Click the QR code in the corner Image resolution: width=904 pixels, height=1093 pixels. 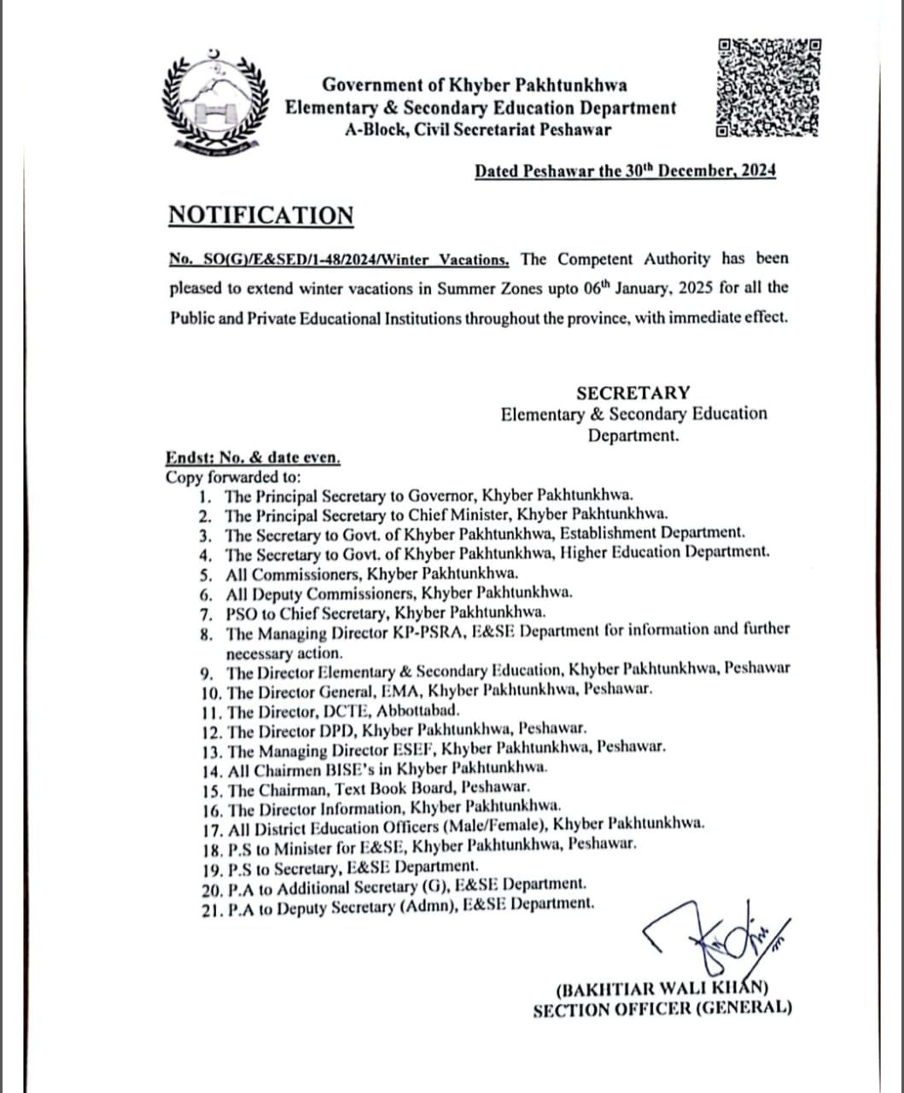pyautogui.click(x=768, y=88)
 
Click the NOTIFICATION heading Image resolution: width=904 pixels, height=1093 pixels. pyautogui.click(x=260, y=215)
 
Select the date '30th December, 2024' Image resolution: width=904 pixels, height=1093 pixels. pyautogui.click(x=699, y=171)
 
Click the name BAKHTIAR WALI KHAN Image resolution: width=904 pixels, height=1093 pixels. pyautogui.click(x=662, y=991)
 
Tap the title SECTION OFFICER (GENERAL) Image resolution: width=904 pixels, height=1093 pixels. pyautogui.click(x=662, y=1009)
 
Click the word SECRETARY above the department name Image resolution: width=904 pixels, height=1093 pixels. pyautogui.click(x=633, y=393)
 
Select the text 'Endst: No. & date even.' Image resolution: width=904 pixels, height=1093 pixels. pyautogui.click(x=254, y=458)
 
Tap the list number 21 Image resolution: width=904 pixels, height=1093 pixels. pyautogui.click(x=212, y=910)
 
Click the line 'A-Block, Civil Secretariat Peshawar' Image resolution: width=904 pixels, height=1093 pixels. pyautogui.click(x=478, y=131)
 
